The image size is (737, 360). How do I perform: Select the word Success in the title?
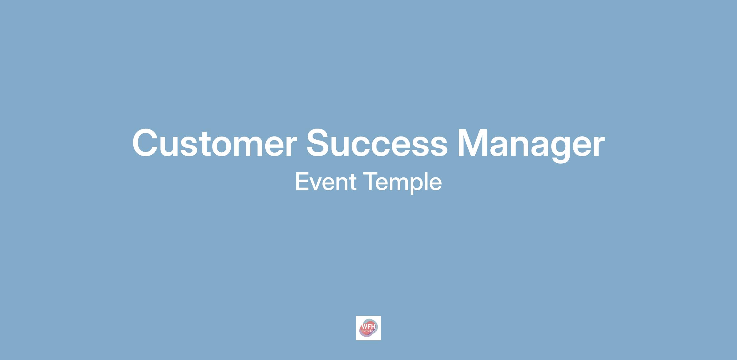click(377, 143)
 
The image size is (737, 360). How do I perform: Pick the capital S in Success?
click(319, 143)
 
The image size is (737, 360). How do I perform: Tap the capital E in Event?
click(302, 182)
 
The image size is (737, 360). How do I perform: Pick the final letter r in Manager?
click(599, 146)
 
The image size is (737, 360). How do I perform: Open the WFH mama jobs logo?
click(368, 328)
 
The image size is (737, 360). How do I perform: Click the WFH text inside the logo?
click(369, 326)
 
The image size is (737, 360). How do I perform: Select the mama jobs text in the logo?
click(369, 331)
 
